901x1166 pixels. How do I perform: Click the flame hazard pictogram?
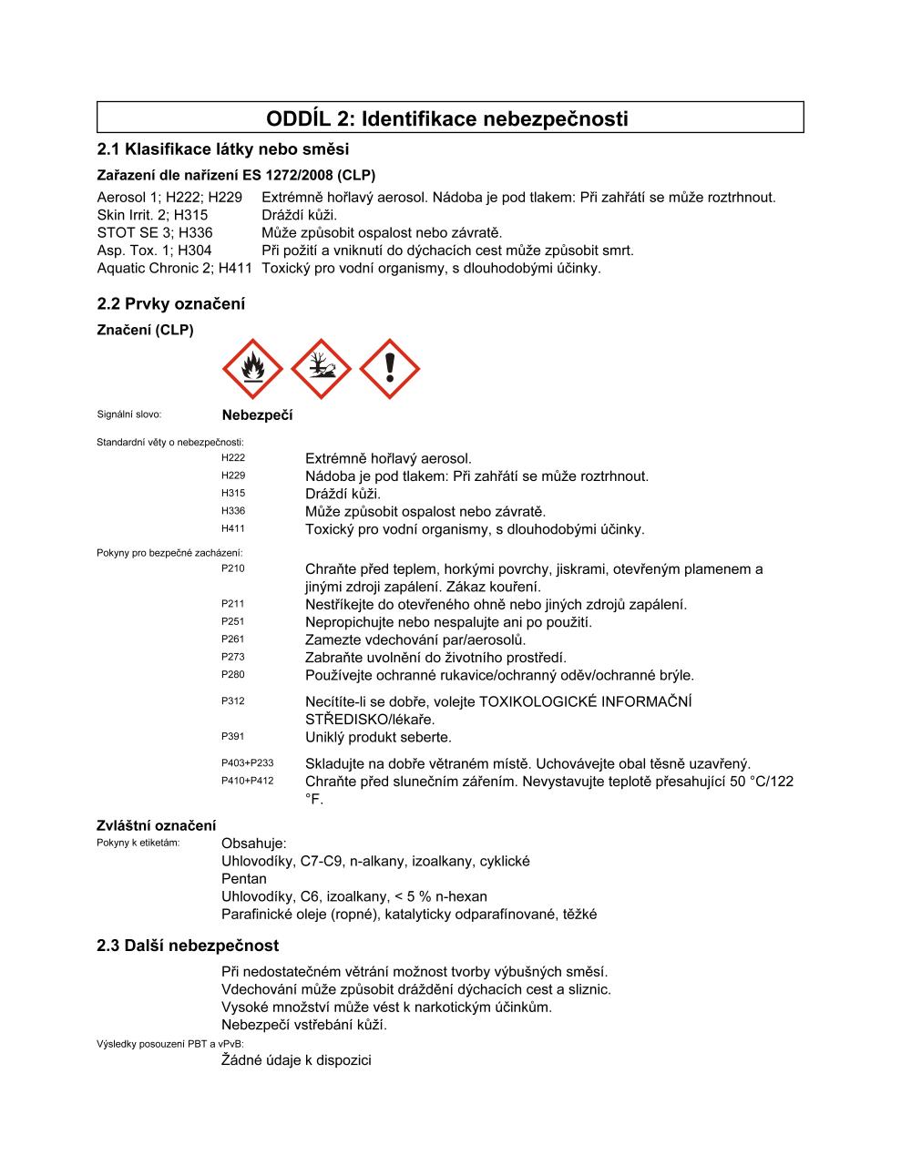point(252,369)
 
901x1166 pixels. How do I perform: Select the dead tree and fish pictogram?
point(321,369)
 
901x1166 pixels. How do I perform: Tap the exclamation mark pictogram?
point(390,369)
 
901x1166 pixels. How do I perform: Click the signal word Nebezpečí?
point(257,415)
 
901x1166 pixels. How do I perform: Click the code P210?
point(233,568)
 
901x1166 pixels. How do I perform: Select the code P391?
point(233,736)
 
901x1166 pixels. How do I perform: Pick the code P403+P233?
point(247,763)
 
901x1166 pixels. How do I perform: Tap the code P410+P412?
point(247,781)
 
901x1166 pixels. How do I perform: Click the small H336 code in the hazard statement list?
point(233,511)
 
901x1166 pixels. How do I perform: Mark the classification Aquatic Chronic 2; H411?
point(174,268)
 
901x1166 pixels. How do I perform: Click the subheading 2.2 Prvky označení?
point(170,304)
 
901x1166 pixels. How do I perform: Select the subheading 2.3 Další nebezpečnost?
point(188,946)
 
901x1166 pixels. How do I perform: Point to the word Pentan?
point(244,879)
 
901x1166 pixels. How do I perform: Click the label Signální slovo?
point(128,414)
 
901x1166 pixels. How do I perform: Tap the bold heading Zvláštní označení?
point(157,826)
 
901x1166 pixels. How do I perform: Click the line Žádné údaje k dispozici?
point(296,1060)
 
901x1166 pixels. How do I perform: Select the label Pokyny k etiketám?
point(138,843)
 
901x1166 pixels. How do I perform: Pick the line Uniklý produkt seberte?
point(378,737)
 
